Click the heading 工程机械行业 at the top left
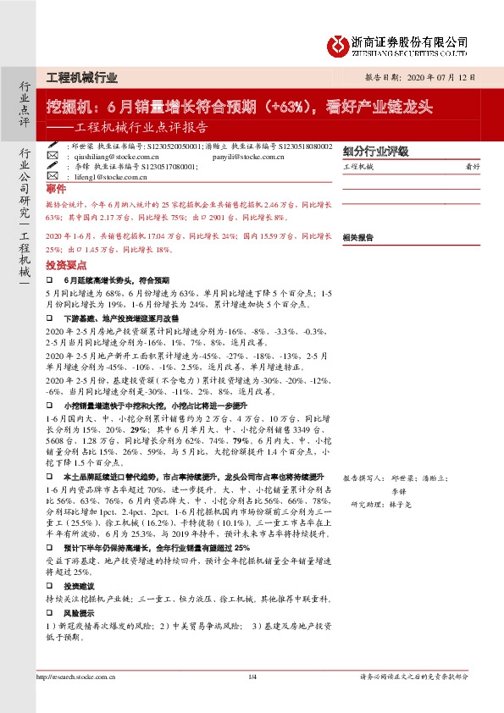(81, 77)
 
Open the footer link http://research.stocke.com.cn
(76, 699)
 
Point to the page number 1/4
(252, 699)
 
